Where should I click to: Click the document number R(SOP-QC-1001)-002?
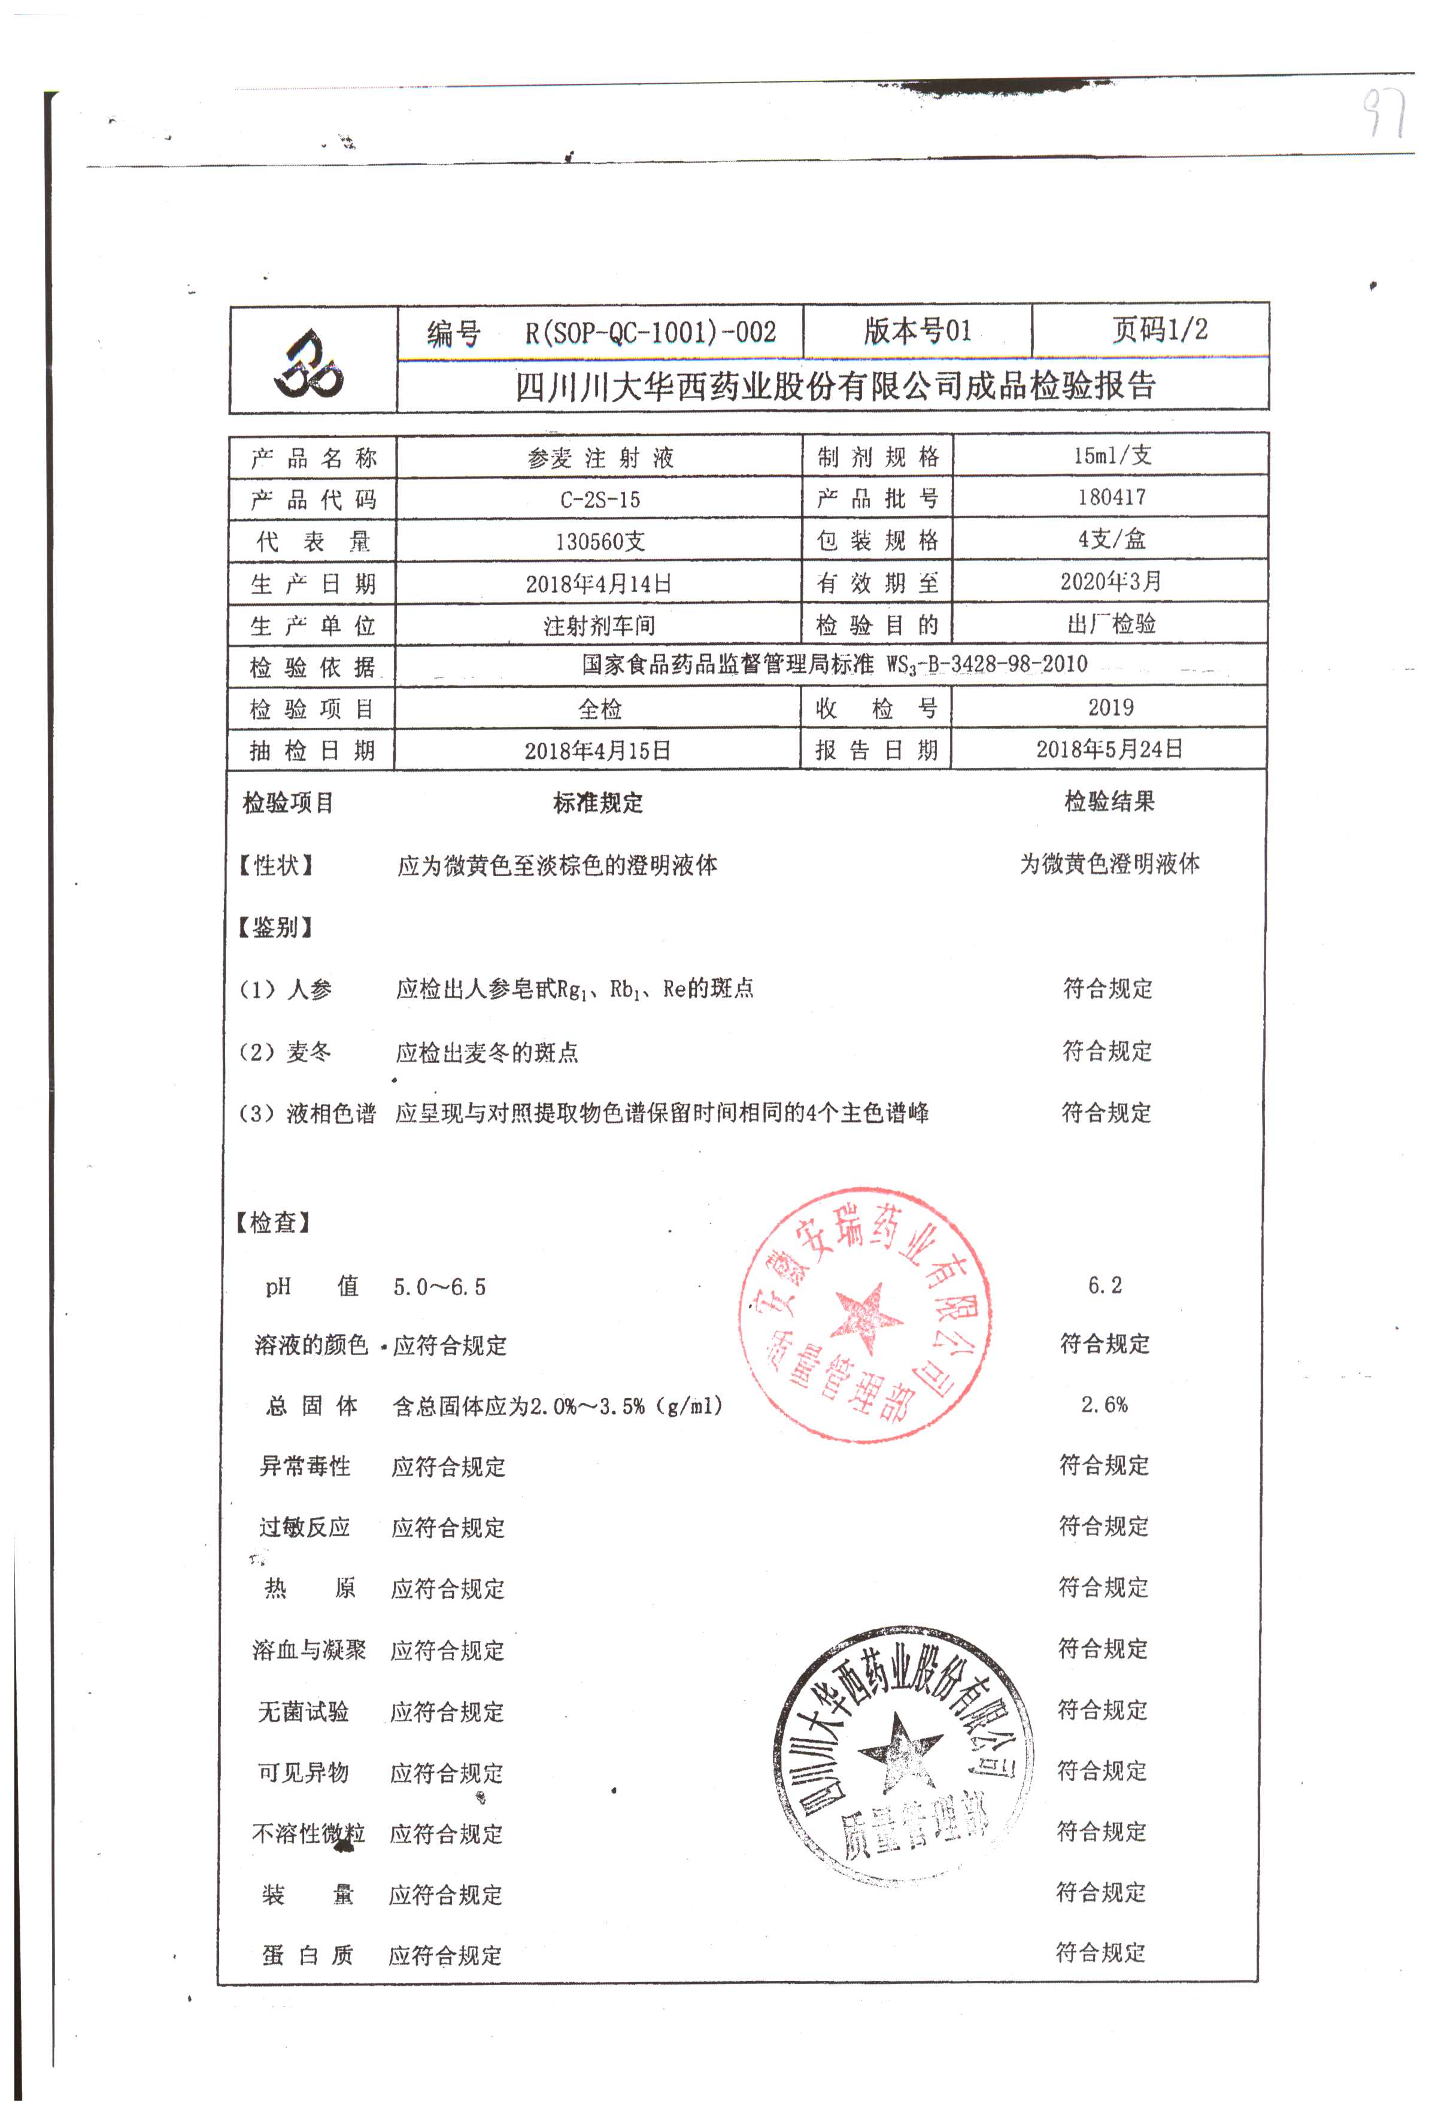649,332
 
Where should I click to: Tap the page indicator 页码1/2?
1158,329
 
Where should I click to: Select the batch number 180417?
1111,497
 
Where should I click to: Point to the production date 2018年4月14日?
598,584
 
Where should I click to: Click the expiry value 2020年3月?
1111,581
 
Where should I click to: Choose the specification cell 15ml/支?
1111,455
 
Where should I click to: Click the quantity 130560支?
600,542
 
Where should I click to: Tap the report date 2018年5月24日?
1109,749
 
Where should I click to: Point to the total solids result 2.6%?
1104,1404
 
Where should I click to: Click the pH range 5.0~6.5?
439,1287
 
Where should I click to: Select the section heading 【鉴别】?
274,928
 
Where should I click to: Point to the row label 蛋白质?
307,1955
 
